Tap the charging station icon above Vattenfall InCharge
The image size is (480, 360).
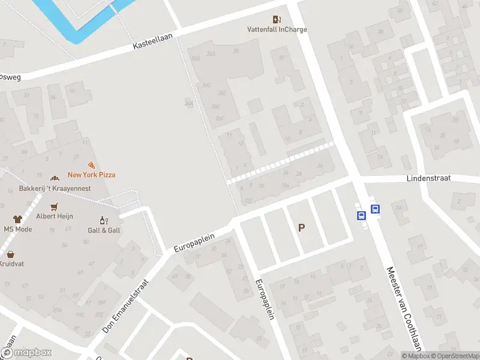(276, 20)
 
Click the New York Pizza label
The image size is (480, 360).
(91, 175)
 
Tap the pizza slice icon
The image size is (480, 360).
(91, 165)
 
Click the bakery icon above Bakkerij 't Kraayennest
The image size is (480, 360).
(55, 178)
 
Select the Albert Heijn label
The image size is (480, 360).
(55, 216)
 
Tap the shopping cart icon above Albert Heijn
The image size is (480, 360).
(55, 206)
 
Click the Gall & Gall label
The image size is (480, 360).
(104, 230)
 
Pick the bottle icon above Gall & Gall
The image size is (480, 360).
(104, 220)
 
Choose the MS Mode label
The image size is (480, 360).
(18, 229)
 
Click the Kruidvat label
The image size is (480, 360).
(10, 263)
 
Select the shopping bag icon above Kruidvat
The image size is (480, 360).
(10, 254)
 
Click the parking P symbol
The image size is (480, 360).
(301, 228)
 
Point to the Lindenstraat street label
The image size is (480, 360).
(433, 178)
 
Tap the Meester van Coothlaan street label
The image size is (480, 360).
(406, 309)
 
